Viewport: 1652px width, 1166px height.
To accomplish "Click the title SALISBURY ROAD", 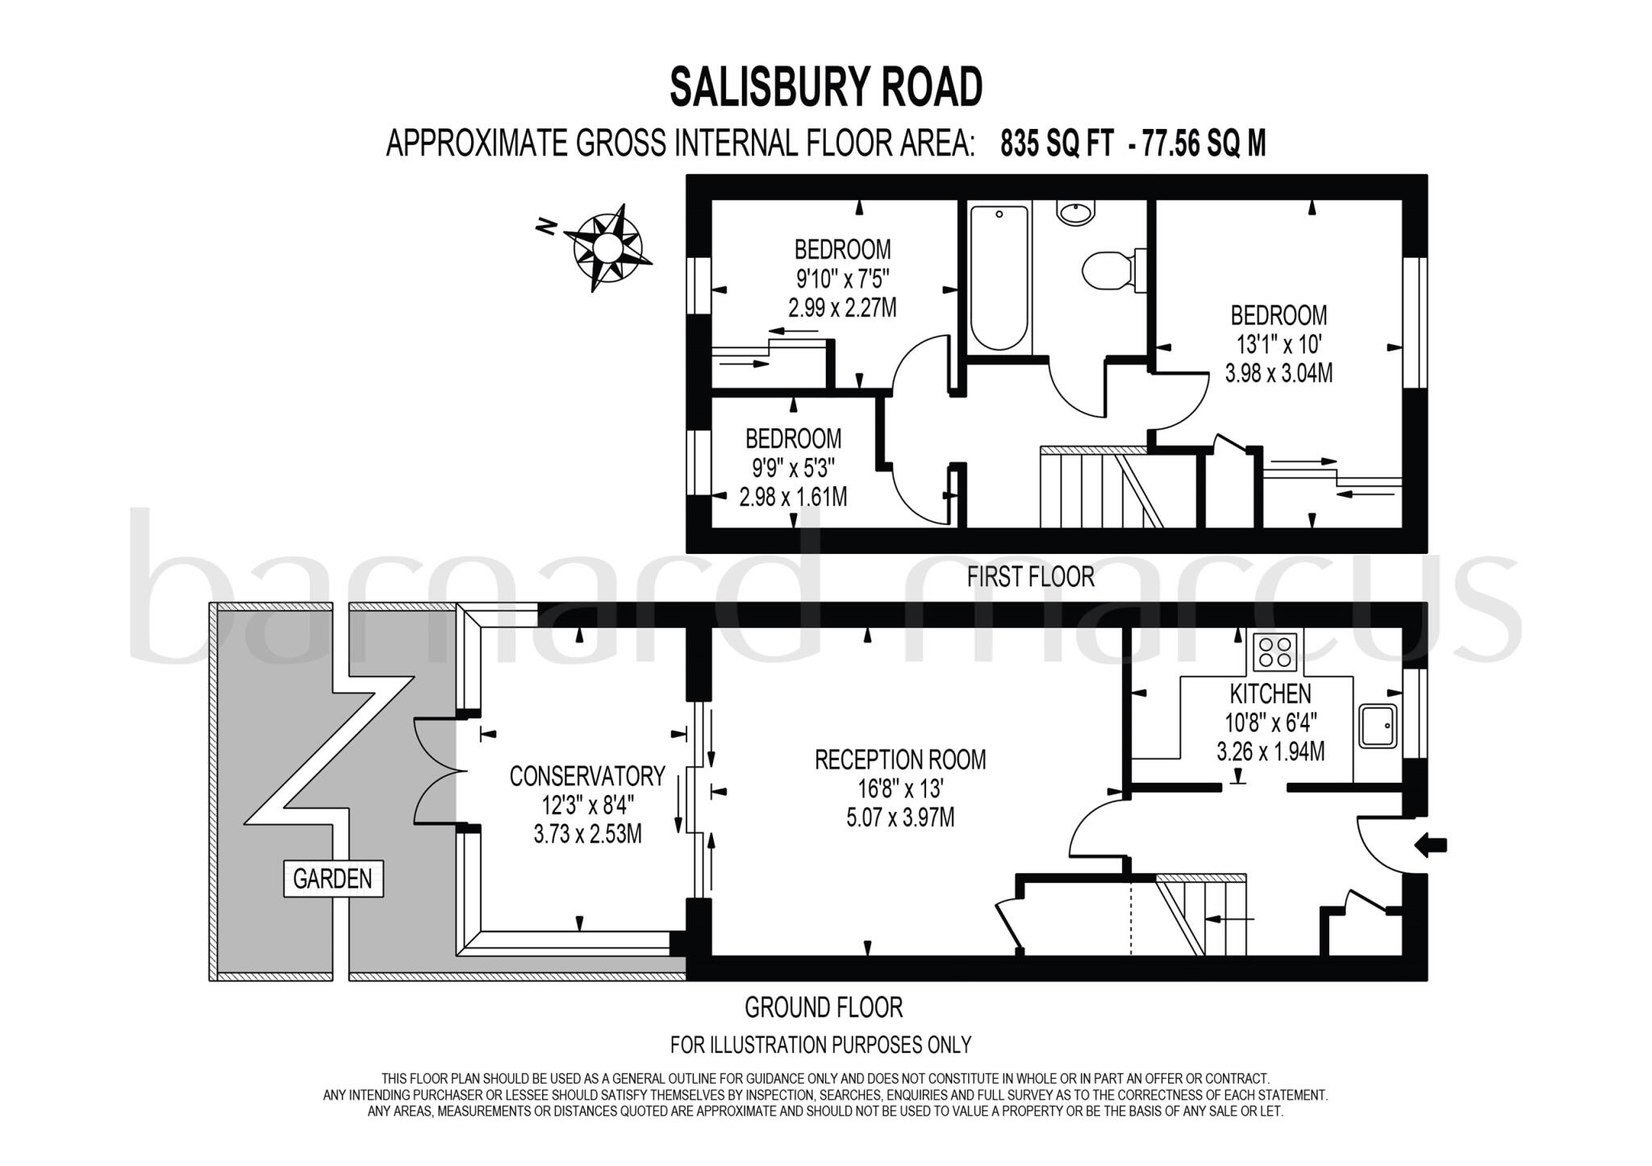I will [x=826, y=87].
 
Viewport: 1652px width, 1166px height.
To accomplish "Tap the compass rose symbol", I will [x=607, y=247].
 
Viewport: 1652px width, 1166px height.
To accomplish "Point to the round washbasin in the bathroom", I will [x=1076, y=213].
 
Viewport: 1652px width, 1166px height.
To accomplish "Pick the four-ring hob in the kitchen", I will [x=1275, y=652].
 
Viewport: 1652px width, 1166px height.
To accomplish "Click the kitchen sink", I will [x=1377, y=726].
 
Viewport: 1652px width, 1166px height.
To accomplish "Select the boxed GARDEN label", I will [x=332, y=879].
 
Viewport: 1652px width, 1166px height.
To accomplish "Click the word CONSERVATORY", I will [x=587, y=777].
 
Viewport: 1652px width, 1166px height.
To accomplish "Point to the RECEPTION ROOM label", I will [x=900, y=760].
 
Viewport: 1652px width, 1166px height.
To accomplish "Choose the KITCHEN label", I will [x=1270, y=693].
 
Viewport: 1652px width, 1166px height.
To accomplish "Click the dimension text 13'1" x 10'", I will [x=1279, y=345].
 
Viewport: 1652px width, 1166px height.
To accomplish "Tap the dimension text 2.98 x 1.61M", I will [x=793, y=497].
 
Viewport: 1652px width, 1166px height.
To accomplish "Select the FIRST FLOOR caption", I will [x=1031, y=577].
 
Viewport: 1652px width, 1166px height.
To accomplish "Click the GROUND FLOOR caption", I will [x=823, y=1008].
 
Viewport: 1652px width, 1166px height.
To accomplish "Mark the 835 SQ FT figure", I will [x=1058, y=144].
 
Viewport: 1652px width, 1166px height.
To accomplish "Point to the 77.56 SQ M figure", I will [x=1205, y=144].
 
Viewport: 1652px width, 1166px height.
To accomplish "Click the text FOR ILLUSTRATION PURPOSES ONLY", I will [x=820, y=1045].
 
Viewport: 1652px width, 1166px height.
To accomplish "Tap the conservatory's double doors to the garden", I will [x=440, y=771].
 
